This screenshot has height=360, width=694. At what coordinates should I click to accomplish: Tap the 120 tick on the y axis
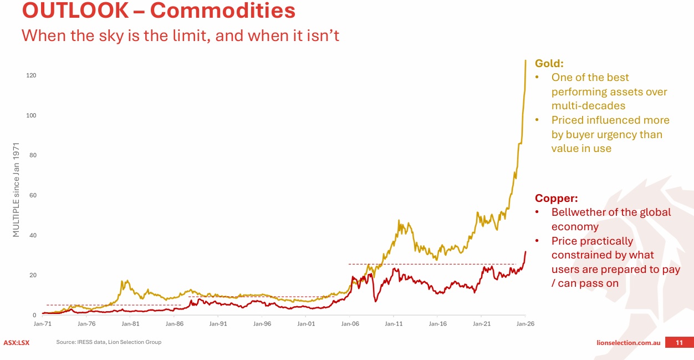pyautogui.click(x=31, y=75)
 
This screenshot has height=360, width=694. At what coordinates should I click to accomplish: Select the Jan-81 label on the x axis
pyautogui.click(x=130, y=323)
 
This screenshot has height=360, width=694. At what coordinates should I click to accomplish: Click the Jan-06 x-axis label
pyautogui.click(x=350, y=323)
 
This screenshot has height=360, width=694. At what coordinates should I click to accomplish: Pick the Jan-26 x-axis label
pyautogui.click(x=525, y=323)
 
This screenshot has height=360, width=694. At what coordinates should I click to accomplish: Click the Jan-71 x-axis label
pyautogui.click(x=43, y=323)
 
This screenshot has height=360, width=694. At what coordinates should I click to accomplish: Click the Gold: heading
pyautogui.click(x=549, y=64)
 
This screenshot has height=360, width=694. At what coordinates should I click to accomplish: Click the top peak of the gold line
pyautogui.click(x=525, y=60)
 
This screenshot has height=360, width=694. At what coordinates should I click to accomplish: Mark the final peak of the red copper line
pyautogui.click(x=525, y=252)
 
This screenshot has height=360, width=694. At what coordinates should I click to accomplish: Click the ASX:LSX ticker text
pyautogui.click(x=17, y=342)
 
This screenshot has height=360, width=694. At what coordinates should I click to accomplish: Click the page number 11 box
pyautogui.click(x=678, y=343)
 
